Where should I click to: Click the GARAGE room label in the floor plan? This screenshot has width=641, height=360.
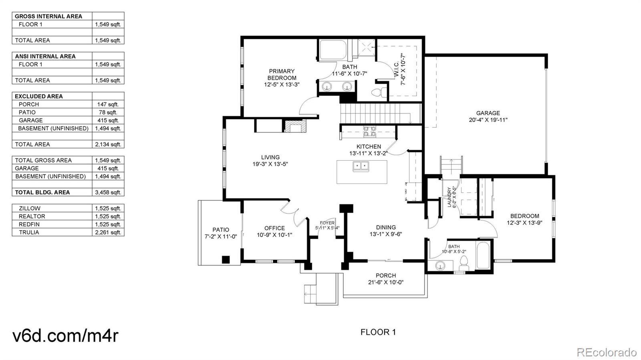tap(488, 113)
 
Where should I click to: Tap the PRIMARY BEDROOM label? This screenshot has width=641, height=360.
tap(282, 74)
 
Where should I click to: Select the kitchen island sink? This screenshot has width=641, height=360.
tap(361, 166)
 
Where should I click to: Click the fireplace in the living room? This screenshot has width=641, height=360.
tap(295, 126)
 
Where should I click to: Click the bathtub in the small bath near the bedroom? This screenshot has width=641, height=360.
tap(483, 255)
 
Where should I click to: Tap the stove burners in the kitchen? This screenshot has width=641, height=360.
tap(369, 131)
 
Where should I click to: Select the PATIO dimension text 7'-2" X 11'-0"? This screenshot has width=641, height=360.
tap(221, 237)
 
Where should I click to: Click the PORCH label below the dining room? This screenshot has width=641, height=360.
tap(386, 276)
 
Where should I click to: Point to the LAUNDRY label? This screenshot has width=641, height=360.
tap(449, 197)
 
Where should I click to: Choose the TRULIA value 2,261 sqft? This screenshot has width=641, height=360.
tap(108, 233)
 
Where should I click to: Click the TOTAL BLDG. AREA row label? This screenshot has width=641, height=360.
tap(42, 193)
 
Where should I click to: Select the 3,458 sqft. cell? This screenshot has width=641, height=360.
tap(108, 193)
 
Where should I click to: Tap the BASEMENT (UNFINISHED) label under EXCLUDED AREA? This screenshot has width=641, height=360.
tap(53, 129)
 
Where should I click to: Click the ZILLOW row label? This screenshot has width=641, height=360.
tap(30, 209)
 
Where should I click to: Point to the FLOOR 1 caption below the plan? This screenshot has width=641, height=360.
tap(378, 332)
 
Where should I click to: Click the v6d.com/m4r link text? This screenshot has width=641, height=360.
tap(65, 335)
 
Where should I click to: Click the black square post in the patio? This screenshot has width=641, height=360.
tap(226, 259)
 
